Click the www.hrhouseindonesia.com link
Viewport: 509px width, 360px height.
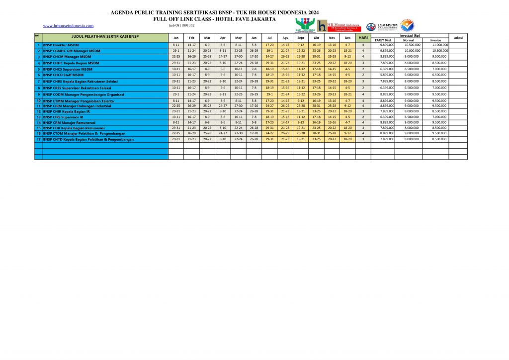[x=68, y=26]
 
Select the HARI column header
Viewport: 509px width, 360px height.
[x=363, y=38]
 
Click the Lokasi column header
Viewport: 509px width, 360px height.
[x=458, y=38]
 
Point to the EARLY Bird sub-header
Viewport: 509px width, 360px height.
[x=382, y=40]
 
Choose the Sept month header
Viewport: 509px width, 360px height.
[x=301, y=38]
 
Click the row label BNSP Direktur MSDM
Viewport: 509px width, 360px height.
[x=57, y=45]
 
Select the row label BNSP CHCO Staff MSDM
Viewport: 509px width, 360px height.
[x=63, y=75]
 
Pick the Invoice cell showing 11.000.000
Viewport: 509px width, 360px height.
[x=439, y=45]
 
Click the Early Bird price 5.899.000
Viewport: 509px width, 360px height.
[x=387, y=75]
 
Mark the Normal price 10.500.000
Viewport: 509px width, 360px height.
[x=412, y=45]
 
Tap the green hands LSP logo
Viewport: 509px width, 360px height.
[x=305, y=25]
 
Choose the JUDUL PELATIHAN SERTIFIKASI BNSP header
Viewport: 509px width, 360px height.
[x=105, y=37]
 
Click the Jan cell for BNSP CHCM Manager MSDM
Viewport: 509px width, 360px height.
[x=176, y=57]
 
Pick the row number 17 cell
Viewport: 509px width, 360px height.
[x=38, y=139]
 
